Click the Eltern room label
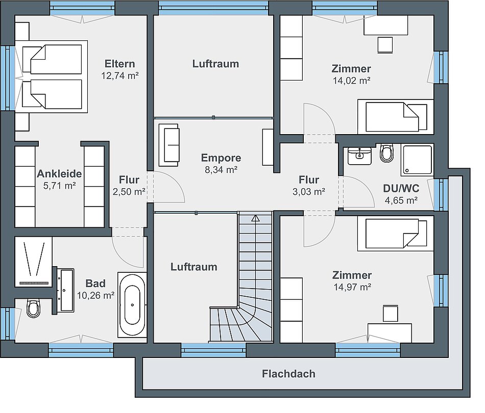coord(119,64)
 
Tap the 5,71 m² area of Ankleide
coord(60,186)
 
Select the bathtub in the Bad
coord(132,304)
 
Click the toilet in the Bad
coord(33,307)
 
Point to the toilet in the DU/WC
coord(386,152)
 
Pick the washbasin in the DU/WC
coord(359,156)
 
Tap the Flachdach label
coord(288,374)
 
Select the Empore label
coord(221,158)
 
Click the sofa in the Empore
coord(169,145)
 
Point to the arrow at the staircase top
coord(255,219)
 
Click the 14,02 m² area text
coord(352,81)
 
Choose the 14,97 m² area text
coord(352,287)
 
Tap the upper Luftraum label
coord(215,64)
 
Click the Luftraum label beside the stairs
coord(194,267)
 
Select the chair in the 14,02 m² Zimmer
coord(385,45)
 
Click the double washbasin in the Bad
coord(67,290)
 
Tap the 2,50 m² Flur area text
coord(129,192)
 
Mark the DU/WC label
coord(401,188)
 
